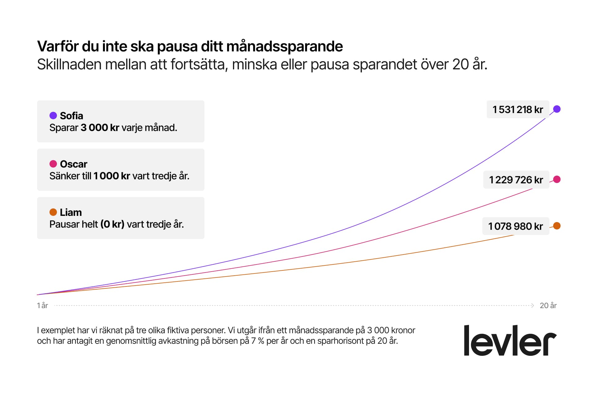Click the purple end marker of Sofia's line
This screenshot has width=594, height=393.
557,109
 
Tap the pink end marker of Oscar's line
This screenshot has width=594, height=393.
557,179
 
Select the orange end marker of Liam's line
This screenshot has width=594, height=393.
557,226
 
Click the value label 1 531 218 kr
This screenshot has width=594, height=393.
518,109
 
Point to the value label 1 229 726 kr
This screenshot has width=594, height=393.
516,180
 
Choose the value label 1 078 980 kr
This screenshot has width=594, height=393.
515,226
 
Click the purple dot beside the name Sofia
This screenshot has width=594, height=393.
53,116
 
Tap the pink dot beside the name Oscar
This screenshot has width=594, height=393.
53,164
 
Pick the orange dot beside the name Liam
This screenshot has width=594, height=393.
53,212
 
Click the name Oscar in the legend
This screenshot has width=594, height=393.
74,164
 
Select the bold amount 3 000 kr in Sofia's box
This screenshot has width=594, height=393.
100,128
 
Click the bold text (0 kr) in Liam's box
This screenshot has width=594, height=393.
112,224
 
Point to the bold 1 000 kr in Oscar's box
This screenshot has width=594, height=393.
112,176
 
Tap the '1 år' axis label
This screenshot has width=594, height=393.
42,306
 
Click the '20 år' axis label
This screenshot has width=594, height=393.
548,306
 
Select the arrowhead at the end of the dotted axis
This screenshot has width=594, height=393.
532,305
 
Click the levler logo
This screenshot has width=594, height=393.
510,341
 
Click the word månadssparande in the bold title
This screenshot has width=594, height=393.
285,46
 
